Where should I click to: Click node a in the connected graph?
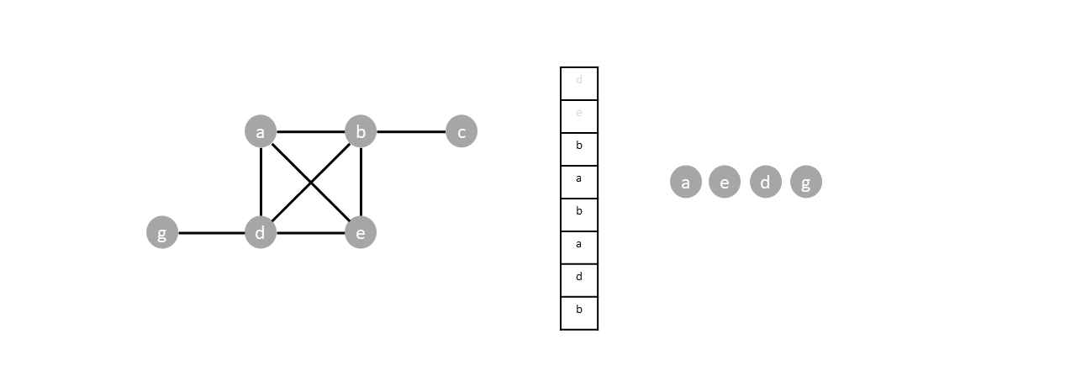tap(261, 131)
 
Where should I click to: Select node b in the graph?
tap(361, 131)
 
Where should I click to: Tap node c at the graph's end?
tap(461, 131)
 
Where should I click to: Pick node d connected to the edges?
tap(261, 232)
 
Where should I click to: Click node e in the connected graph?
tap(361, 232)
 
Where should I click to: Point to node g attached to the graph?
tap(162, 232)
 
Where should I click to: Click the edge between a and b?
tap(310, 131)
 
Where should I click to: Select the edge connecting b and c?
tap(411, 131)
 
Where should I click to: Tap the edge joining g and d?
tap(211, 232)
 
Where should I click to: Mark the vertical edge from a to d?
tap(261, 182)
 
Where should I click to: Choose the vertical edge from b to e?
tap(361, 182)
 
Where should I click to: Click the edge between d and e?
tap(310, 232)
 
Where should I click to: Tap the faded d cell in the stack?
tap(579, 83)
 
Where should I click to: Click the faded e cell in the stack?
tap(579, 116)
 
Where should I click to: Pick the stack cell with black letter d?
tap(579, 280)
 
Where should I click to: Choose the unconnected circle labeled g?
tap(805, 182)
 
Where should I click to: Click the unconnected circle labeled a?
tap(686, 182)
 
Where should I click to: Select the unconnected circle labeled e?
tap(725, 182)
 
